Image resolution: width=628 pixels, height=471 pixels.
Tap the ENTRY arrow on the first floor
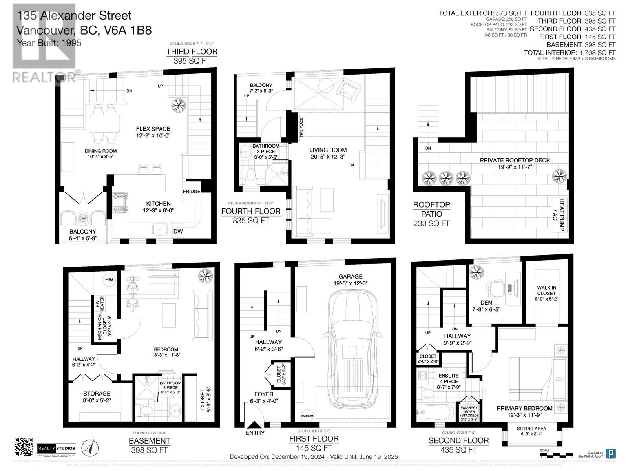tap(255, 425)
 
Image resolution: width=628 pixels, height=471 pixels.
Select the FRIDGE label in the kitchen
tap(192, 191)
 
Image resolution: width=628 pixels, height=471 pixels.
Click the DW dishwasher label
tap(178, 231)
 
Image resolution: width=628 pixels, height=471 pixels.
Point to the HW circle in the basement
tap(109, 280)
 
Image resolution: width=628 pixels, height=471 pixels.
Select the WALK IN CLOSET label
tap(546, 290)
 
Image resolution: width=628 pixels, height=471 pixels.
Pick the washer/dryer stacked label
tap(469, 413)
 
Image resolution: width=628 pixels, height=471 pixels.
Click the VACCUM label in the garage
tap(307, 416)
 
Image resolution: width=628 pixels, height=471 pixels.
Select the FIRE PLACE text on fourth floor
tap(301, 127)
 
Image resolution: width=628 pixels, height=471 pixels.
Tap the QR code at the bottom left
tap(24, 447)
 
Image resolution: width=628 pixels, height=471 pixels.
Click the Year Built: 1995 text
tap(49, 43)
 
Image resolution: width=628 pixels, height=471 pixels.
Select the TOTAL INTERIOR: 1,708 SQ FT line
tap(569, 53)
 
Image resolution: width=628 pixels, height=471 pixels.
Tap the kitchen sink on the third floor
tap(159, 230)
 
